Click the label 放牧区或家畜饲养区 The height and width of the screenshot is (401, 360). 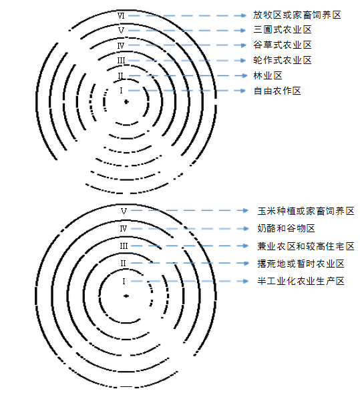[x=297, y=15]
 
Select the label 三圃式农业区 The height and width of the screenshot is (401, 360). [x=283, y=30]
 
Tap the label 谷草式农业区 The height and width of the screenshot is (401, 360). [x=283, y=45]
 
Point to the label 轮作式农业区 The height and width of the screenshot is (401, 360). [x=283, y=60]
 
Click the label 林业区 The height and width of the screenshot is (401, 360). [x=268, y=75]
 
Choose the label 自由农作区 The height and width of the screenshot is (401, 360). [x=277, y=91]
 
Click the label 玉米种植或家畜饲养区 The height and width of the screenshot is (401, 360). [x=306, y=211]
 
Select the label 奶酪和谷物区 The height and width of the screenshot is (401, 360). [x=286, y=228]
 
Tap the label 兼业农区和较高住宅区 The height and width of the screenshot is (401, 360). [x=306, y=246]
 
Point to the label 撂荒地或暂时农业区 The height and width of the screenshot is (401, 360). [x=301, y=264]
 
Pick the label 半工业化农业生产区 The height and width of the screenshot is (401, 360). [x=301, y=282]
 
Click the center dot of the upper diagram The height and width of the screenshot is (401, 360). [x=126, y=102]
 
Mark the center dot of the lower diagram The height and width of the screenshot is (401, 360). [x=126, y=296]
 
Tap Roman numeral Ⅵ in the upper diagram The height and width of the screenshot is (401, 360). [x=121, y=16]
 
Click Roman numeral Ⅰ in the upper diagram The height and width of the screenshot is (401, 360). [x=121, y=91]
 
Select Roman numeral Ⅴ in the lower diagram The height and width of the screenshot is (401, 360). [x=124, y=212]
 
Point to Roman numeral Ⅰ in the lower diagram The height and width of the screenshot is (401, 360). [x=124, y=282]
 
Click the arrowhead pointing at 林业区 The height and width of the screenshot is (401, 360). [x=244, y=75]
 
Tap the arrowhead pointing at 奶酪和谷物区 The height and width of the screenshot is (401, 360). [x=246, y=228]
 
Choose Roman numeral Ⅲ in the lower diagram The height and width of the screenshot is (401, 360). [x=124, y=246]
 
